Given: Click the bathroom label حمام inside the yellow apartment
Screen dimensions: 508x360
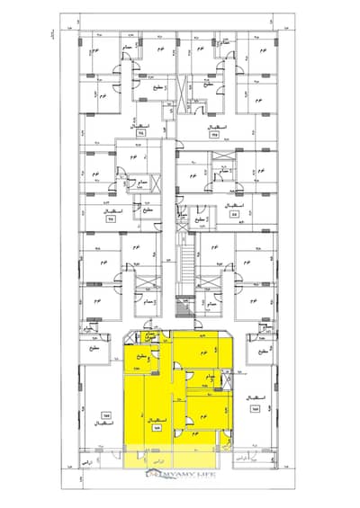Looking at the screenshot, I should point(208,376).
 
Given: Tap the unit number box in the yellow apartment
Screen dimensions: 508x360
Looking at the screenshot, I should point(157,430).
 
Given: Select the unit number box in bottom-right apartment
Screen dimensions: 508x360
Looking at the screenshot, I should point(256,410).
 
